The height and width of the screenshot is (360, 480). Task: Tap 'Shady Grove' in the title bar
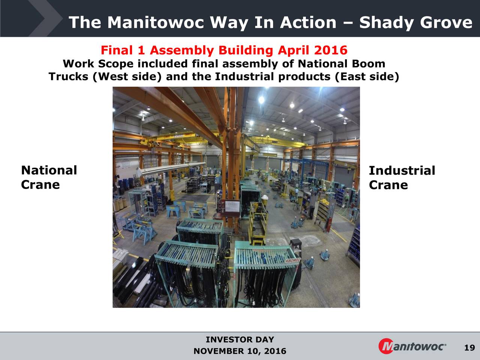coord(415,22)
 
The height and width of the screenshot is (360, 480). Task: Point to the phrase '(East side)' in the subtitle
coord(366,77)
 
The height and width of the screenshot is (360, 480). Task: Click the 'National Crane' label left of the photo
coord(49,177)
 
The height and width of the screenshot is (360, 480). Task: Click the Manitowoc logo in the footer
coord(412,346)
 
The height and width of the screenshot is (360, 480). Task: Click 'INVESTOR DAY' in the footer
coord(240,340)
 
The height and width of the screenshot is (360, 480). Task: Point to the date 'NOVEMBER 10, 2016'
coord(240,351)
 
